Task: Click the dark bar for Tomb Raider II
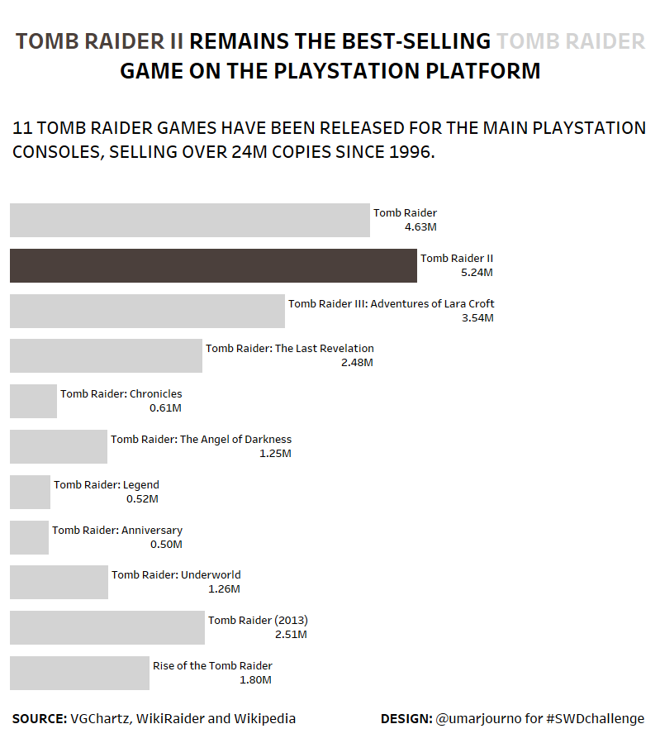coord(213,265)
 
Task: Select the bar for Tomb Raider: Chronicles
coord(33,401)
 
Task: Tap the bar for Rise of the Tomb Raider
coord(79,673)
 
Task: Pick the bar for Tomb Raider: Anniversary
coord(29,537)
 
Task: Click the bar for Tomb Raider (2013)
coord(107,627)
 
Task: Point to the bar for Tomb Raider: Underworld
coord(59,582)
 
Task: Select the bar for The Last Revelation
coord(106,355)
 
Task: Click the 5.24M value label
coord(477,273)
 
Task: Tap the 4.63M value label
coord(420,227)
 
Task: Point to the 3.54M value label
coord(477,318)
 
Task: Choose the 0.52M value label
coord(142,499)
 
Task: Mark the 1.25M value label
coord(275,454)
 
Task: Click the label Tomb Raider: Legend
coord(107,484)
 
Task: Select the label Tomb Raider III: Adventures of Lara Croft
coord(391,303)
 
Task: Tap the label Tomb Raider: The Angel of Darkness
coord(201,439)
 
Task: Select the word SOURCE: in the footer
coord(40,719)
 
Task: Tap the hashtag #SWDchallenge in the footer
coord(595,719)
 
